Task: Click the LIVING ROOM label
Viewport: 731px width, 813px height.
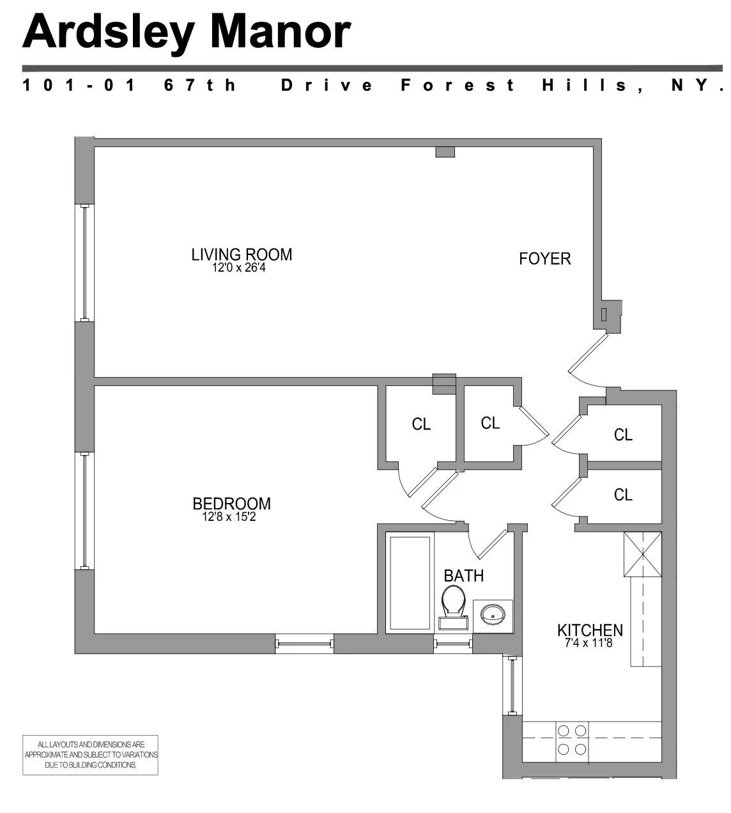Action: [x=242, y=254]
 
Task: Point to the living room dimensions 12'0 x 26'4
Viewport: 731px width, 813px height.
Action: [x=239, y=268]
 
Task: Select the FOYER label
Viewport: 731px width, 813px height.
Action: [x=544, y=259]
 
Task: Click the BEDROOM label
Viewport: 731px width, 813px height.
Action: [x=231, y=504]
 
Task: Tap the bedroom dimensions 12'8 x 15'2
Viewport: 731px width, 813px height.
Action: [x=229, y=517]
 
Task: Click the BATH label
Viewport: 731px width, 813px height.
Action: [x=463, y=575]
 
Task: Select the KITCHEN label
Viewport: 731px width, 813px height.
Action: [x=590, y=630]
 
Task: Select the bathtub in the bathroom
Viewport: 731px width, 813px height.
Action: [x=410, y=583]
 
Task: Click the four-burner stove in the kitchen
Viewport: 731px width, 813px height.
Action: [x=572, y=739]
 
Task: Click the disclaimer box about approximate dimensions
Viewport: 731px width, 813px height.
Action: [x=90, y=755]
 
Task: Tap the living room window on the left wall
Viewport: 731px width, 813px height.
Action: [x=84, y=263]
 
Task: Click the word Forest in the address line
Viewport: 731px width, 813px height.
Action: [x=458, y=85]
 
